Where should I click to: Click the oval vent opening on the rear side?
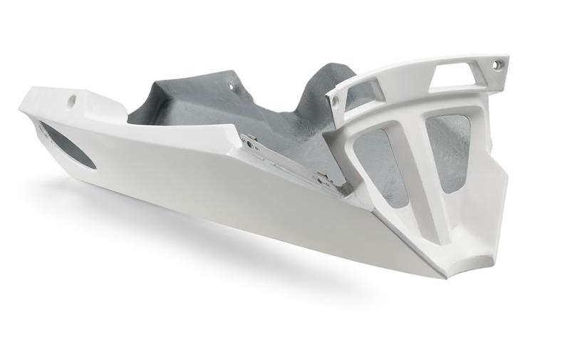click(x=68, y=145)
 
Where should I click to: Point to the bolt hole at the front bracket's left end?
click(x=336, y=101)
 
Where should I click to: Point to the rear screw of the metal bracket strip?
click(x=249, y=140)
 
